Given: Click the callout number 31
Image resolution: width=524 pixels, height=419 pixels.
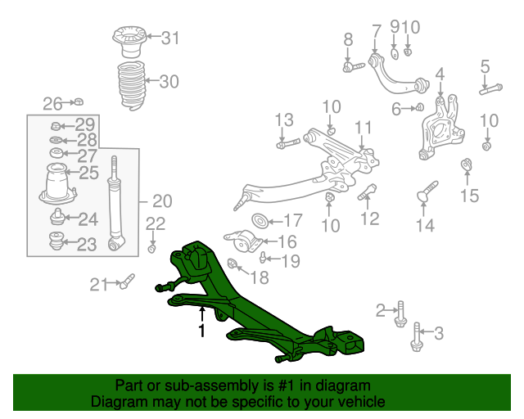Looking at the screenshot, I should click(x=169, y=37).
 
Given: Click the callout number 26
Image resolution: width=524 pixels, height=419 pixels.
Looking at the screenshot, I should click(x=52, y=103).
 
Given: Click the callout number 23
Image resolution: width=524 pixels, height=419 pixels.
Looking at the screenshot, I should click(x=88, y=243).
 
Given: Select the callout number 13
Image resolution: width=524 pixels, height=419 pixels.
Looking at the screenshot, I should click(x=283, y=120).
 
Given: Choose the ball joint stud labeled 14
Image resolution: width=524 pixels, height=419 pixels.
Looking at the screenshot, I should click(x=427, y=193).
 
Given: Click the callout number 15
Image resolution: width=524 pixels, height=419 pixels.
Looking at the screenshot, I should click(x=468, y=195).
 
